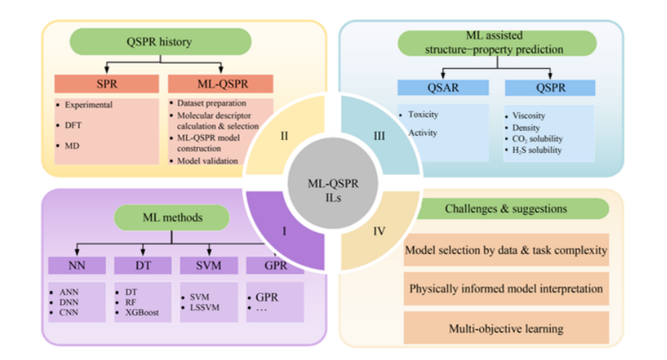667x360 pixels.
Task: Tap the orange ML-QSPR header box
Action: point(219,84)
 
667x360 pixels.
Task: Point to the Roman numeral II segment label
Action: point(285,136)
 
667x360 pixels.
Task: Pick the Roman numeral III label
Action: point(379,136)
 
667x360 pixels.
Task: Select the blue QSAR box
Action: point(443,88)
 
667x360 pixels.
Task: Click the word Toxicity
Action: point(424,115)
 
